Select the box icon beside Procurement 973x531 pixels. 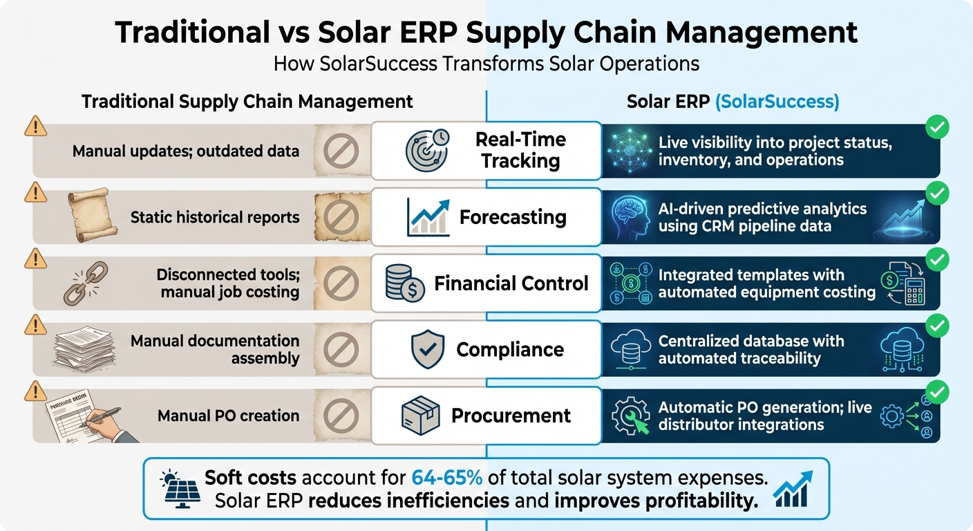[x=421, y=416]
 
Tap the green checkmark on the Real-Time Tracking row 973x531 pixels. [x=937, y=127]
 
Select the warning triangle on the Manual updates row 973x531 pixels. [x=35, y=127]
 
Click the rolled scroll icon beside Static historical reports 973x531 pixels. [x=88, y=216]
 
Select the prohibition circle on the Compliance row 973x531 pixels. [x=341, y=350]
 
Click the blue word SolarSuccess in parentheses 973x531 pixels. [x=777, y=102]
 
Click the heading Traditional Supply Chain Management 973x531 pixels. [x=247, y=102]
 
